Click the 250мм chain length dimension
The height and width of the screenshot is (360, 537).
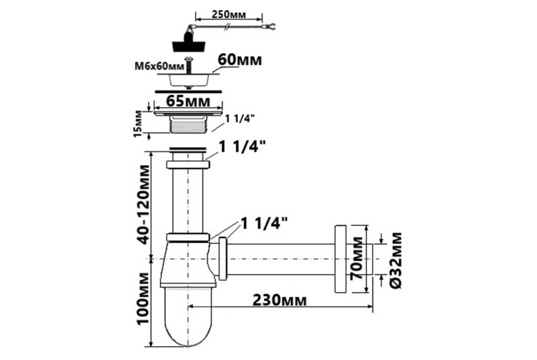[x=229, y=15]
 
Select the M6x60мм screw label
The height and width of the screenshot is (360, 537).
[x=159, y=66]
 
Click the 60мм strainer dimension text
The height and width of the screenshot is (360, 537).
[x=240, y=60]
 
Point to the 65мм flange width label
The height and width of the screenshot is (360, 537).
[x=188, y=102]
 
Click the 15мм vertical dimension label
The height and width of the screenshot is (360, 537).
[x=137, y=123]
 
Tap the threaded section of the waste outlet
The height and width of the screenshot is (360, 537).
[x=188, y=126]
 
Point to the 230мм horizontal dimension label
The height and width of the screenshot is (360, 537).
[x=279, y=300]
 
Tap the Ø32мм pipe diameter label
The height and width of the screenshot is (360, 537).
[x=396, y=260]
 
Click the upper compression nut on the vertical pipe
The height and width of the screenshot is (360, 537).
[x=188, y=164]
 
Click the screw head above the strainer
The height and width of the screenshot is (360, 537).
[x=187, y=59]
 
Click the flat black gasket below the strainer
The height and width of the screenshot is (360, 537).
[x=188, y=91]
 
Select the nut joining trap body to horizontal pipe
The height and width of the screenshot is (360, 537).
[x=223, y=258]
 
